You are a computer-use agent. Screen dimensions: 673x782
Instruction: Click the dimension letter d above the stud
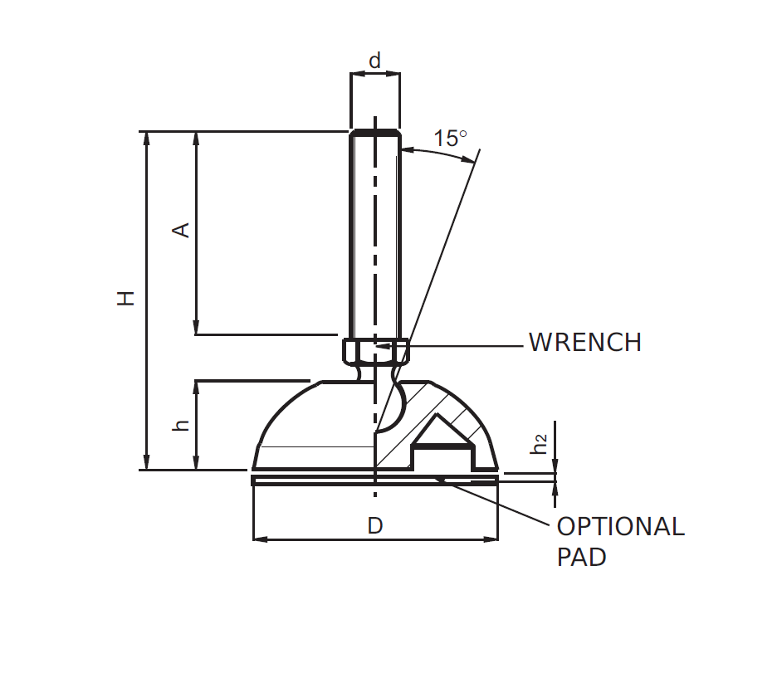pos(375,61)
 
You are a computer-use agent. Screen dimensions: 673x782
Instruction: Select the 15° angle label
pos(451,138)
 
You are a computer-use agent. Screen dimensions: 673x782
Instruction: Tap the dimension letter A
pos(180,230)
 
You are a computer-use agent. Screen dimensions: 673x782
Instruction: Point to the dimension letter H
pos(125,298)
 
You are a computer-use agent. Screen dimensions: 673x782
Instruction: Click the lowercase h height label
pos(181,424)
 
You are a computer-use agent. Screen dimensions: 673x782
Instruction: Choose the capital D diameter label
pos(375,525)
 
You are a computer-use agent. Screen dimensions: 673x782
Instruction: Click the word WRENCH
pos(584,343)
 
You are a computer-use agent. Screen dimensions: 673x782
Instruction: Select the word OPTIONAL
pos(620,527)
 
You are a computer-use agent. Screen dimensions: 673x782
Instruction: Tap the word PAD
pos(581,557)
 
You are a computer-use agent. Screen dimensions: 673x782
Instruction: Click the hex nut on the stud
pos(376,352)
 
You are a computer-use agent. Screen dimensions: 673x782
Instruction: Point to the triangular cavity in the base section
pos(443,433)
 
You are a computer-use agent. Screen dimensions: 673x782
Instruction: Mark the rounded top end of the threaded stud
pos(375,133)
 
